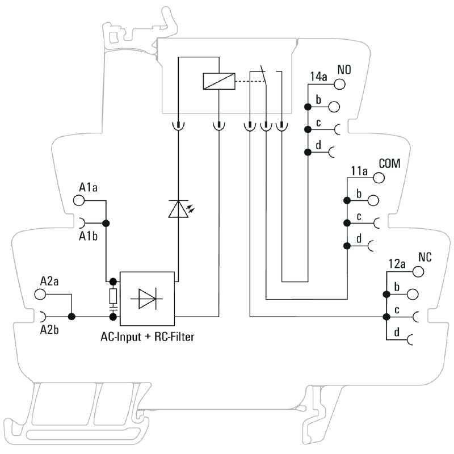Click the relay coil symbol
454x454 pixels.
[218, 81]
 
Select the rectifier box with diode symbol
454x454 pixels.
[148, 299]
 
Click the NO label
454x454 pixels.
[344, 70]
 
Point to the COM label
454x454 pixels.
[389, 164]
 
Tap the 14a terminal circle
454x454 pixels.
[339, 84]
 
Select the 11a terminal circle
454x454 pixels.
[379, 178]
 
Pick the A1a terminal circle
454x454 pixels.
[79, 200]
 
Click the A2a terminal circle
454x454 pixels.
[40, 294]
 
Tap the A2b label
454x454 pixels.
[50, 330]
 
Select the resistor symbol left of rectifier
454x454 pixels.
[113, 295]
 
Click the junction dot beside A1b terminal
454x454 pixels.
[106, 223]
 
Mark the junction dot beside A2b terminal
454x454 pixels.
[72, 316]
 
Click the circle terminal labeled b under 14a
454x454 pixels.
[334, 106]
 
